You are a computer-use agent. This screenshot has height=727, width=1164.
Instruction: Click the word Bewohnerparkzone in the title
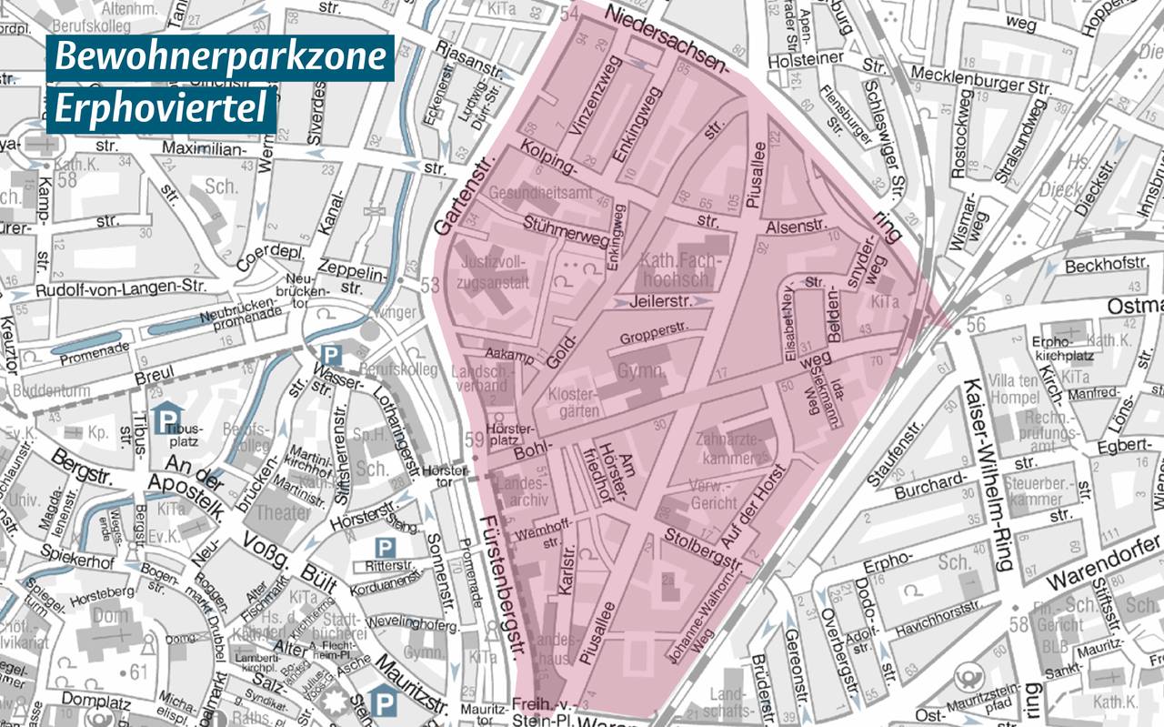point(220,57)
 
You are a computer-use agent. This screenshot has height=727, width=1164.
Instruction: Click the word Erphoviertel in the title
point(161,109)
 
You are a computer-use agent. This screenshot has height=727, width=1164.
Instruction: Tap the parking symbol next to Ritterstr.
point(386,548)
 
